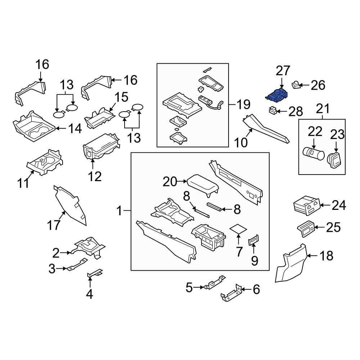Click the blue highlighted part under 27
278,95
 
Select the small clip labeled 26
296,85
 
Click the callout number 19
243,104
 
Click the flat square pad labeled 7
239,229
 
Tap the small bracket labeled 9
254,240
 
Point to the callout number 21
323,109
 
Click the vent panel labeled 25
306,229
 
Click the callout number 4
89,294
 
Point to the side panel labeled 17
70,205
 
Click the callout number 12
95,176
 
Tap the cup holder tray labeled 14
34,126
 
